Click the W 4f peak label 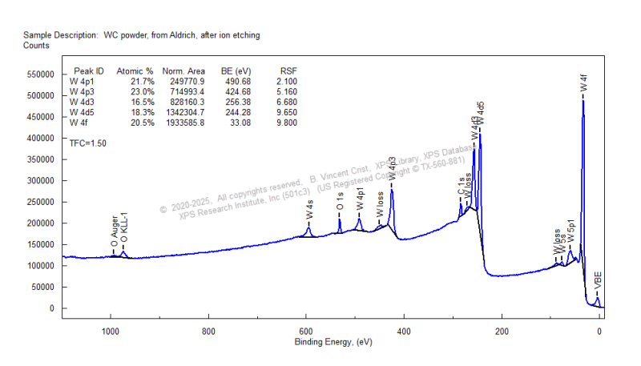tap(583, 82)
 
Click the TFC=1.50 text tap(88, 143)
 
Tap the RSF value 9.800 tap(285, 123)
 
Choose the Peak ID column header tap(87, 71)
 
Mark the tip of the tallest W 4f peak tap(583, 99)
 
